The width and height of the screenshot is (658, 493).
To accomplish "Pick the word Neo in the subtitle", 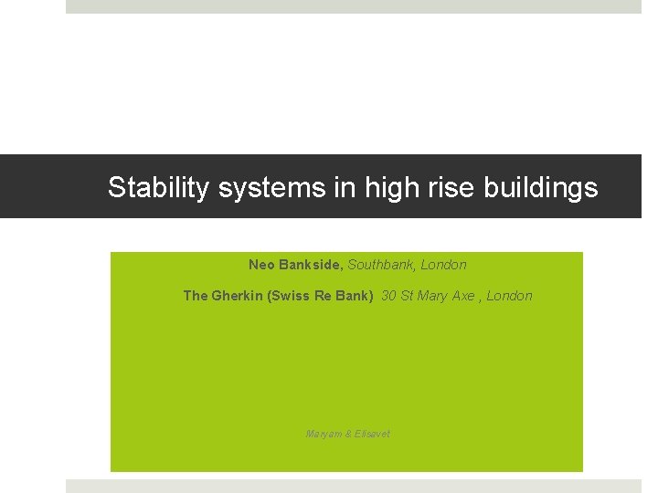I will [x=260, y=265].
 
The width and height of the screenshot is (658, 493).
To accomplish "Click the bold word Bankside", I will [x=310, y=265].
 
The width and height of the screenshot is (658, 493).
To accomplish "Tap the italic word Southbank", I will [x=382, y=265].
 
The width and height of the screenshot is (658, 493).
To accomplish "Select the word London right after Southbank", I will [x=444, y=265].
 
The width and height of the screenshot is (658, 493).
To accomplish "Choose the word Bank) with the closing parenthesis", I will [x=355, y=296].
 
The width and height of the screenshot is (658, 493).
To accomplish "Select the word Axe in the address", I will [x=465, y=296].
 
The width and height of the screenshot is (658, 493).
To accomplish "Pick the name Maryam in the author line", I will [x=322, y=434].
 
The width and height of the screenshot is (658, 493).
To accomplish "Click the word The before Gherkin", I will [x=196, y=296].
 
